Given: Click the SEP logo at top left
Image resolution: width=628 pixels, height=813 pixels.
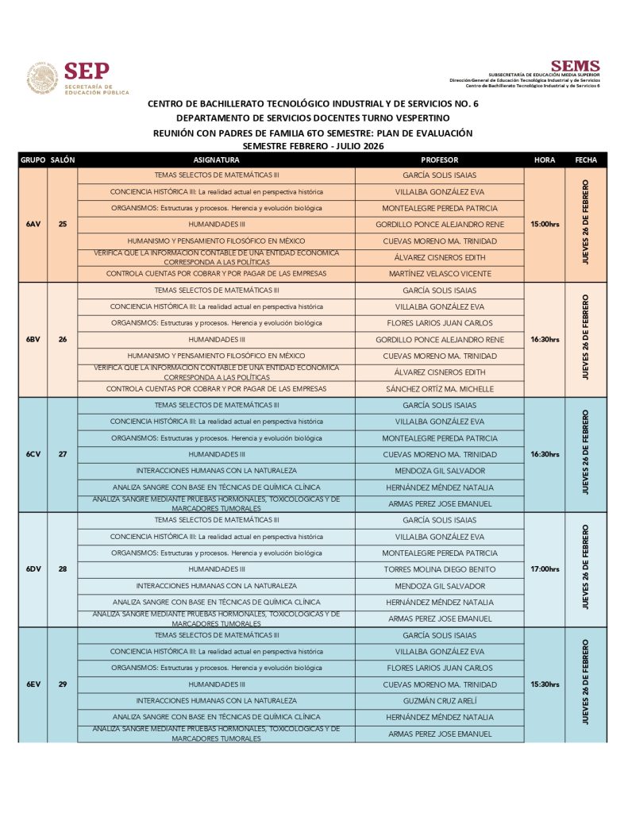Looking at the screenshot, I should coord(78,79).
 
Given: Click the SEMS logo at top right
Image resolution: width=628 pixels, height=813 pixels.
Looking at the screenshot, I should coord(575,67).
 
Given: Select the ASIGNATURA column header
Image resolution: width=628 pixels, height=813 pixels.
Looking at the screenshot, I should coord(216,160).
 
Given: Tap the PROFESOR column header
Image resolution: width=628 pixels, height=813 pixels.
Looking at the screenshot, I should coord(439,160).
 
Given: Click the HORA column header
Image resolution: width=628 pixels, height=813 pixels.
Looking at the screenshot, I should coord(545,160).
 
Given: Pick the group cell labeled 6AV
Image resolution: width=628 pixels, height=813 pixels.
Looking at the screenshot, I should coord(33,225).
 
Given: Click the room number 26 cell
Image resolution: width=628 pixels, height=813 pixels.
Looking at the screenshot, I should coord(63,340).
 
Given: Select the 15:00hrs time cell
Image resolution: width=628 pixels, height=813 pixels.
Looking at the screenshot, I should coord(545,225).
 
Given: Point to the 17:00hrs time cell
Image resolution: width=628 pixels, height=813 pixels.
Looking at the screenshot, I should coord(545,569).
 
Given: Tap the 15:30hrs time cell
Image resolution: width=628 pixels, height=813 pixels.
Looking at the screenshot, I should coord(545,684).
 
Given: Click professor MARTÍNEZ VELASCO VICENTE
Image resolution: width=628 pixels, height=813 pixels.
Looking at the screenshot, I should coord(439,274).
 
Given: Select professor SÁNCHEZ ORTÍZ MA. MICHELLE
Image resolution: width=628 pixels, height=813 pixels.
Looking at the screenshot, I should coord(439,389).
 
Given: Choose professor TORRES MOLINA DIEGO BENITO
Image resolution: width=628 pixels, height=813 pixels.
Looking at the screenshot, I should coord(439,569).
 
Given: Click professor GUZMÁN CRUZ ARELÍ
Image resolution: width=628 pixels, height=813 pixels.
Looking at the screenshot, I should coord(439,701).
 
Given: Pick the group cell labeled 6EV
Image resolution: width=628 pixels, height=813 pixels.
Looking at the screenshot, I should coord(33,684).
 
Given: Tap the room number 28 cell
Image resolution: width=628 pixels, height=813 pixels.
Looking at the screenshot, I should coord(63,569).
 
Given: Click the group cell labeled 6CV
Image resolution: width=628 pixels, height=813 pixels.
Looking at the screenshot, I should coord(33,454).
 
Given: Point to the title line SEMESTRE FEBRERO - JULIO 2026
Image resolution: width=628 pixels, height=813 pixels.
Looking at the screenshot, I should coord(313,146).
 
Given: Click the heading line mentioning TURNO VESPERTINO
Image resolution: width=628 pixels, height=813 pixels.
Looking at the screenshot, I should coord(313,118).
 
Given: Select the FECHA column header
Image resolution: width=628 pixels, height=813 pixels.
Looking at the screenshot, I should coord(586,160).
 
